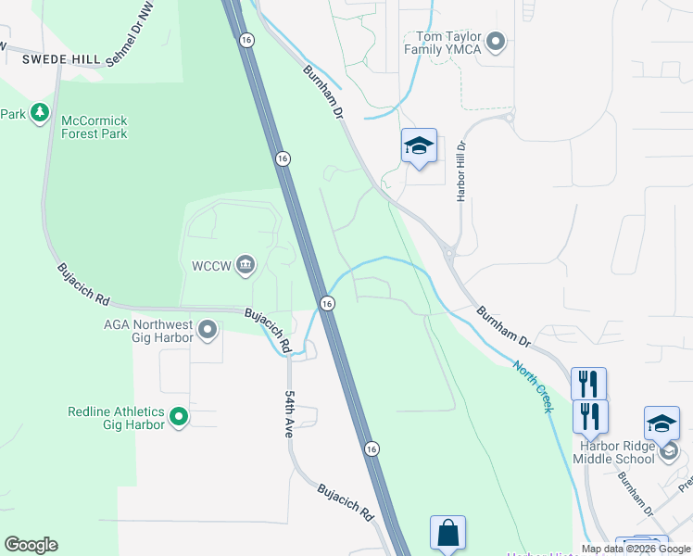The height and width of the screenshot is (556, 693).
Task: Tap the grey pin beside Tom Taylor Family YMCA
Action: coord(495,41)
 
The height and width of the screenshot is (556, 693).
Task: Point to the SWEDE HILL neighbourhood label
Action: coord(61,59)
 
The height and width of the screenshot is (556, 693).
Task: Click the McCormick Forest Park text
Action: coord(94,127)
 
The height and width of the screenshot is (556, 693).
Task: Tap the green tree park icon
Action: coord(39,113)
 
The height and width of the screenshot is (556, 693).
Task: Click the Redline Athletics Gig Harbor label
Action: coord(115,418)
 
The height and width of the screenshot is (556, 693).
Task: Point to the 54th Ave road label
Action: coord(288,413)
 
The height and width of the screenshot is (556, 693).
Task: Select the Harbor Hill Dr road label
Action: coord(460,171)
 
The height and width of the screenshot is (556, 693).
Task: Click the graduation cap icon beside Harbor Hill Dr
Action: coord(419,145)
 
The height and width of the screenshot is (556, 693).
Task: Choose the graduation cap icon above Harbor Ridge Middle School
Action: coord(661,423)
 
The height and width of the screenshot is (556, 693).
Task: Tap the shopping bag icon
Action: coord(447,533)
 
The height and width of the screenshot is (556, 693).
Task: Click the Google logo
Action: coord(31,545)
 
